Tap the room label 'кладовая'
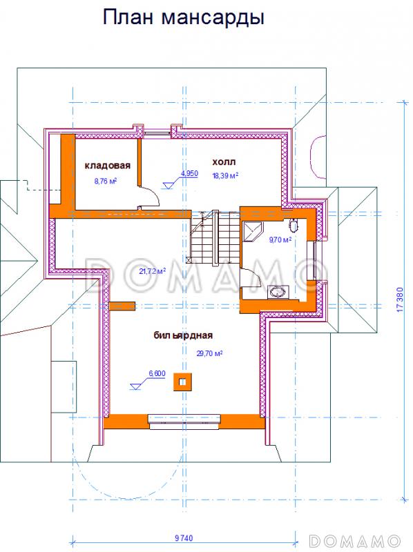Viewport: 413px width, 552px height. click(108, 165)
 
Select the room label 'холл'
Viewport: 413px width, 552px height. click(224, 162)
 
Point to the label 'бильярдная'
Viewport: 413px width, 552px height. click(183, 335)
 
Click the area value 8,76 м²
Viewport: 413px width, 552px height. click(106, 181)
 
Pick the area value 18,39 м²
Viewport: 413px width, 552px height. click(225, 175)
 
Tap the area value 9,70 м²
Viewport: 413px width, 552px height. click(280, 240)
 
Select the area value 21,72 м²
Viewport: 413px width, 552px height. click(153, 271)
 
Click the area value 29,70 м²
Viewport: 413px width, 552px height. click(209, 353)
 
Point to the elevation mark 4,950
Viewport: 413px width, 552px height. click(189, 174)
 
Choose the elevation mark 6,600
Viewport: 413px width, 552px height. click(157, 373)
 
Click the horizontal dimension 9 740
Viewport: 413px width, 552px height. click(184, 538)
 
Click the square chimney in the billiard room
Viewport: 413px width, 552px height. click(182, 382)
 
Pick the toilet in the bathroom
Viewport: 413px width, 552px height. click(294, 225)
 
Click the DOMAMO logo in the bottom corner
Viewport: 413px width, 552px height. click(355, 540)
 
